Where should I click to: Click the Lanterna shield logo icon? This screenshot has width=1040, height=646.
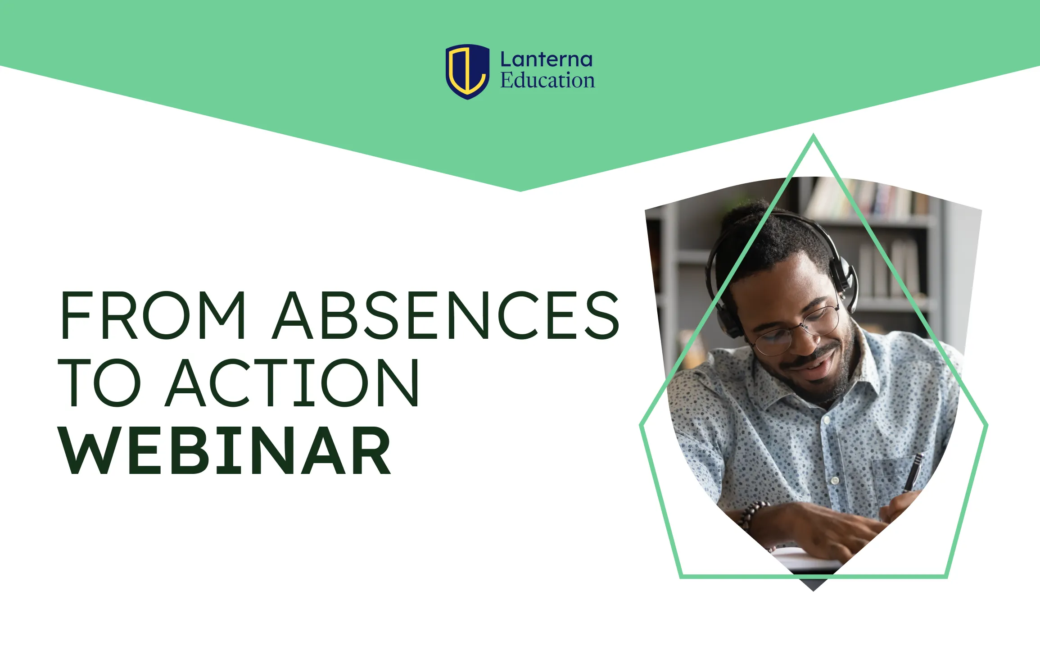[467, 71]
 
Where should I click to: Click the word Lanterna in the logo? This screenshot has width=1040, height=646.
[546, 60]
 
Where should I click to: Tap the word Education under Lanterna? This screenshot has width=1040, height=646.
[547, 81]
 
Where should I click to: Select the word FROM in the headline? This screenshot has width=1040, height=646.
[153, 315]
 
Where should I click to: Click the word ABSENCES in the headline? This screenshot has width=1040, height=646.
[447, 315]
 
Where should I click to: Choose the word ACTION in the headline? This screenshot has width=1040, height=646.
[293, 383]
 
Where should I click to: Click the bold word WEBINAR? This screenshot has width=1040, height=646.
[225, 451]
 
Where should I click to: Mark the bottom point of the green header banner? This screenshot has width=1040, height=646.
[520, 190]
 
